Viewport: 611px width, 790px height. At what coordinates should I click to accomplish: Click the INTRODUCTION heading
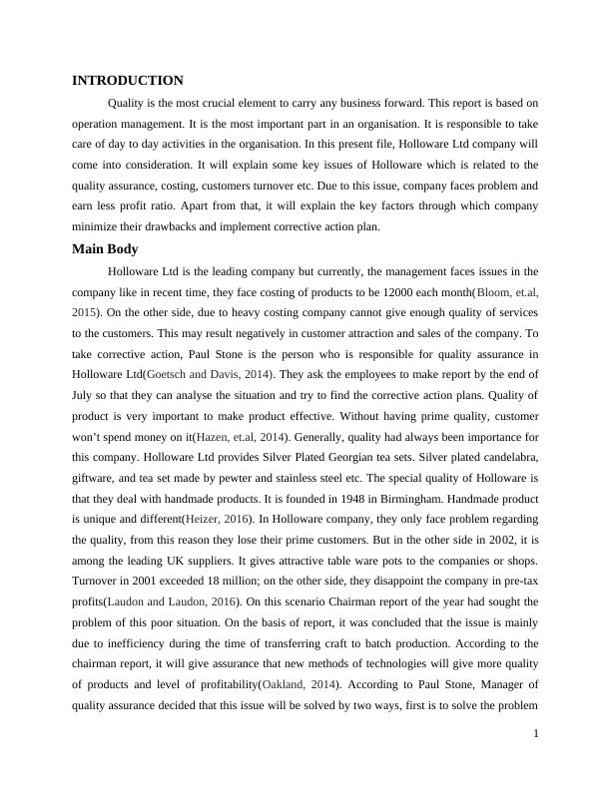pos(128,81)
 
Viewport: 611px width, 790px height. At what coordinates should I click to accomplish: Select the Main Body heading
pos(105,248)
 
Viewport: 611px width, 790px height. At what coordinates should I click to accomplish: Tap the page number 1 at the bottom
pos(536,734)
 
